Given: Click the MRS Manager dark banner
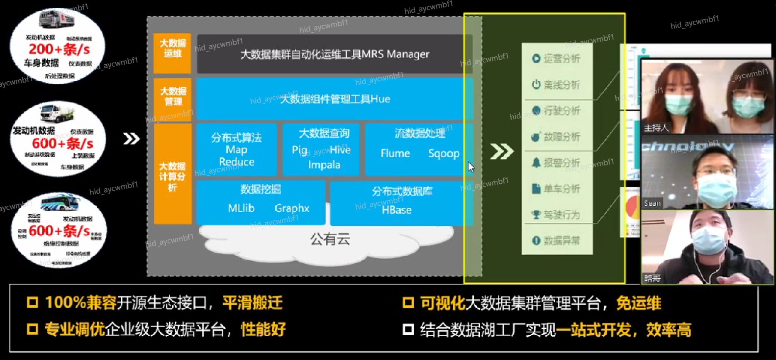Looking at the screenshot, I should pos(334,54).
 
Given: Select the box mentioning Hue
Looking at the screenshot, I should pos(334,99).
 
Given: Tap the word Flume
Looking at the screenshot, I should pos(395,153).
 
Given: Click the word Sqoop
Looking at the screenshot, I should pos(443,153).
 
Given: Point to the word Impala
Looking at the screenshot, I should pos(324,165).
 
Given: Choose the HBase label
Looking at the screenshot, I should pos(396,210).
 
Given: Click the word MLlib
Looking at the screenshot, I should pos(241,208).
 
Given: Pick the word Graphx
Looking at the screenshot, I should pos(291,208).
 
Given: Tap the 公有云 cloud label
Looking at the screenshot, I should pos(330,239).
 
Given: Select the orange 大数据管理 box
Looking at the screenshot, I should pos(173,97).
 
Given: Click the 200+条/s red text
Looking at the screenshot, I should pos(59,49).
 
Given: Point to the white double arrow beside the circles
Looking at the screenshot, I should pos(131,139).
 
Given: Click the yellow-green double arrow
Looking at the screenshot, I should pos(501,151).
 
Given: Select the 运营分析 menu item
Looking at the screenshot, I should pos(556,59).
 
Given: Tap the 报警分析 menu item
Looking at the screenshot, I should pos(556,163).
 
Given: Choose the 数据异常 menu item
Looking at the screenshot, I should pos(556,241).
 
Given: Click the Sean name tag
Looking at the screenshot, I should pos(652,203).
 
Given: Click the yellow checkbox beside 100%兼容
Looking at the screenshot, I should pos(32,302).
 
